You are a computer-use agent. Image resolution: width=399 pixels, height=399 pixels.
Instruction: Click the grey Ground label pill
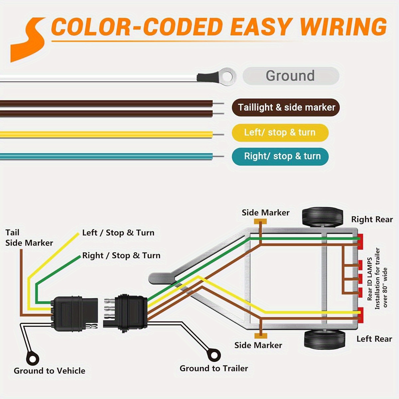[291, 76]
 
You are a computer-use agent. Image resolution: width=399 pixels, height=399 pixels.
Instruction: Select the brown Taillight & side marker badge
[286, 107]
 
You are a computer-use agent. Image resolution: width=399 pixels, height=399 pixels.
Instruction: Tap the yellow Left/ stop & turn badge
[280, 133]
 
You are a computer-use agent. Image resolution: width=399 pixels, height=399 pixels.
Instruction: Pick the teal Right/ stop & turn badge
[280, 156]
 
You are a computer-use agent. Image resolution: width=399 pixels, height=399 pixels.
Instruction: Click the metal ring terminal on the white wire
[227, 77]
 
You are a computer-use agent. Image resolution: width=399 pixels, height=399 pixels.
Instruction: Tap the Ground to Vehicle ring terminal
[33, 359]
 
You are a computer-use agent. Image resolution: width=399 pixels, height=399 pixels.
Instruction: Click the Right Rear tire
[322, 217]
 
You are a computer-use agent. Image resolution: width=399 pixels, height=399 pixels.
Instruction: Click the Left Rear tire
[325, 339]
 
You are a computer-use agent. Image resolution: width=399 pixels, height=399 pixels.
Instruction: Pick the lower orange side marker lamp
[260, 336]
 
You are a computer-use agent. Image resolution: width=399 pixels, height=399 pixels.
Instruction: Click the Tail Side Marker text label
[29, 238]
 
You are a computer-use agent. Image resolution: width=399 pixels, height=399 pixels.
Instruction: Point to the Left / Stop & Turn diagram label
[118, 233]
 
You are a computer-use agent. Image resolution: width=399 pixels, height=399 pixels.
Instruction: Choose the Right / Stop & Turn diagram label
[121, 255]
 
